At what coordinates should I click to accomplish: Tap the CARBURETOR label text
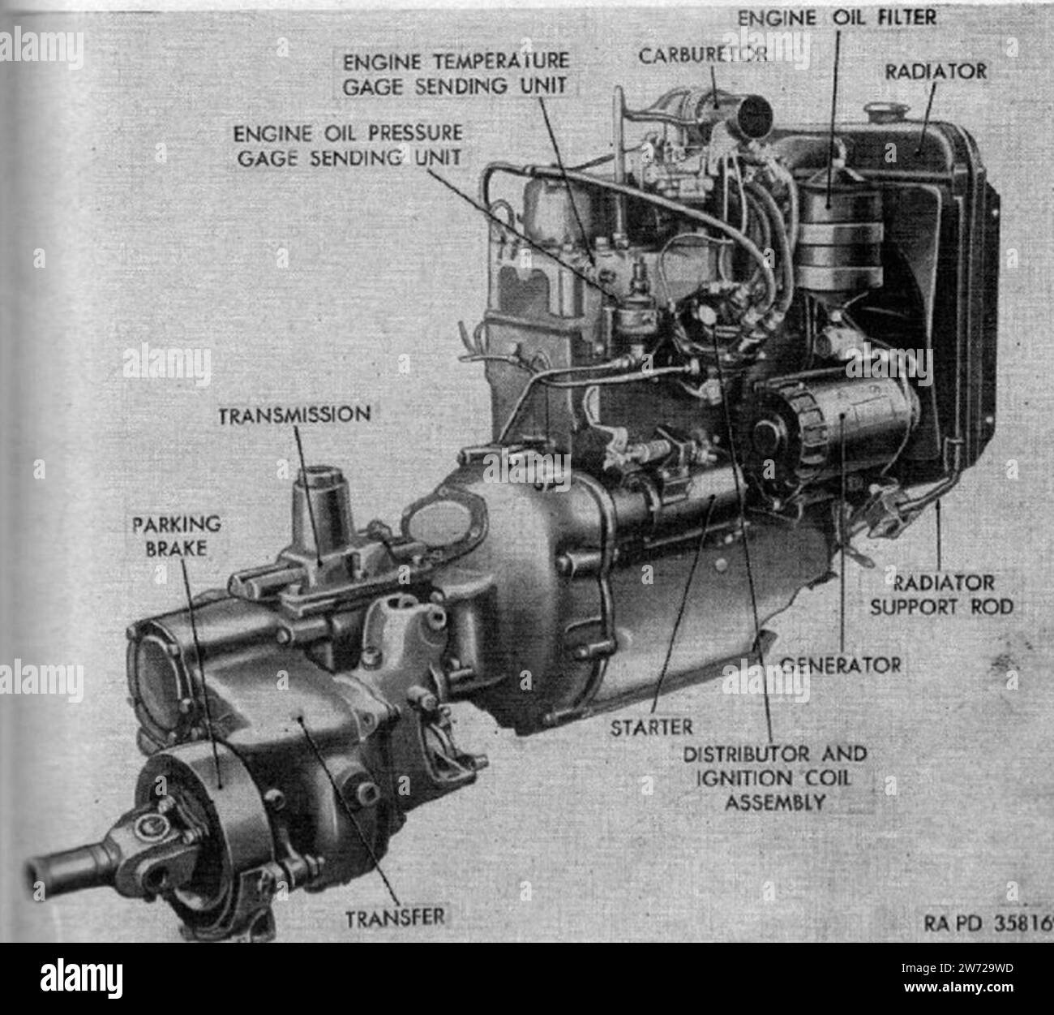pyautogui.click(x=701, y=54)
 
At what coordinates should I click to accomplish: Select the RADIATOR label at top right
pyautogui.click(x=936, y=71)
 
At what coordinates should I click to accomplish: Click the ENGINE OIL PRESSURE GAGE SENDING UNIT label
pyautogui.click(x=349, y=145)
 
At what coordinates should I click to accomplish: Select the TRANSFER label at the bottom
pyautogui.click(x=396, y=918)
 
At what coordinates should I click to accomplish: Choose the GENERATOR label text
pyautogui.click(x=840, y=665)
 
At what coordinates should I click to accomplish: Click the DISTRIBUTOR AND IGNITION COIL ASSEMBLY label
pyautogui.click(x=774, y=777)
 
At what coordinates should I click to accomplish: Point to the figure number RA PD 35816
pyautogui.click(x=988, y=923)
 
